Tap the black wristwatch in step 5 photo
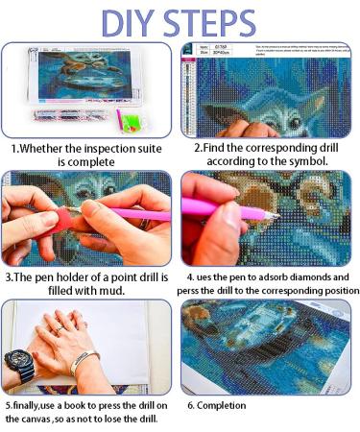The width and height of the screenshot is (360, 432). click(x=20, y=365)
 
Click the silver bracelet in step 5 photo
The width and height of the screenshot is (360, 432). click(x=84, y=363)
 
